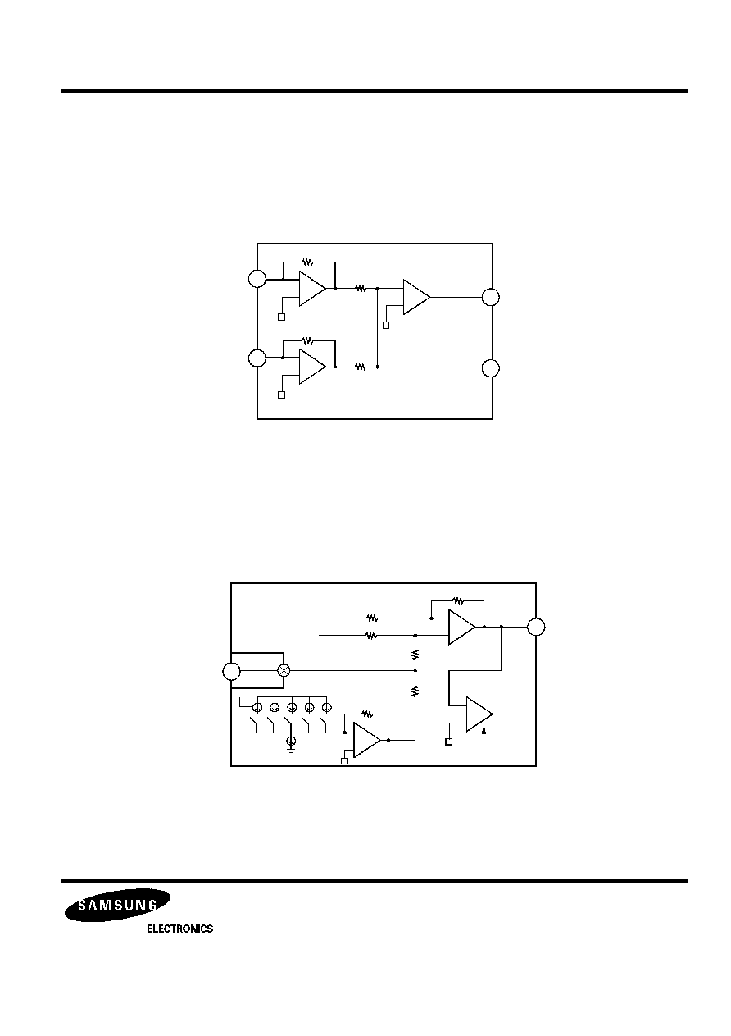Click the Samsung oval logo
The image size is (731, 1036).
pyautogui.click(x=117, y=905)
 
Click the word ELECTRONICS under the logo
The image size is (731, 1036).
pyautogui.click(x=179, y=929)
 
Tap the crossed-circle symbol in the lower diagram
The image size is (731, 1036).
pyautogui.click(x=284, y=670)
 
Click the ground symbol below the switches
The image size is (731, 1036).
pyautogui.click(x=291, y=743)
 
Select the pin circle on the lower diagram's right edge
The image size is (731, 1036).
pyautogui.click(x=536, y=627)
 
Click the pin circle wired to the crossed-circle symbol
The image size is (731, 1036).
pyautogui.click(x=231, y=671)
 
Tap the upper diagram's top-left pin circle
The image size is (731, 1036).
pyautogui.click(x=257, y=279)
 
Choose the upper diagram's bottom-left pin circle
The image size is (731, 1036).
pyautogui.click(x=257, y=358)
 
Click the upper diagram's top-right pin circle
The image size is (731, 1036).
pyautogui.click(x=491, y=297)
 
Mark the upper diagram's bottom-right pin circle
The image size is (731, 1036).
pyautogui.click(x=491, y=368)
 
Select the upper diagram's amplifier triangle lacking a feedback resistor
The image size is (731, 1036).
pyautogui.click(x=416, y=297)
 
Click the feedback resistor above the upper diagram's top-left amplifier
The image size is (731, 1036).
pyautogui.click(x=307, y=262)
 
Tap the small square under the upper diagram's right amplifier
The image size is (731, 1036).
pyautogui.click(x=386, y=325)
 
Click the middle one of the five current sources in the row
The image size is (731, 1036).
pyautogui.click(x=292, y=707)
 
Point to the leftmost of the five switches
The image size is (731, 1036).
pyautogui.click(x=254, y=722)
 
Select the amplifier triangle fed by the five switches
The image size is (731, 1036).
pyautogui.click(x=367, y=740)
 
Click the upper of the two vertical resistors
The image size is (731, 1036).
pyautogui.click(x=415, y=654)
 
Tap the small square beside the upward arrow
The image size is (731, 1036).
pyautogui.click(x=448, y=742)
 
